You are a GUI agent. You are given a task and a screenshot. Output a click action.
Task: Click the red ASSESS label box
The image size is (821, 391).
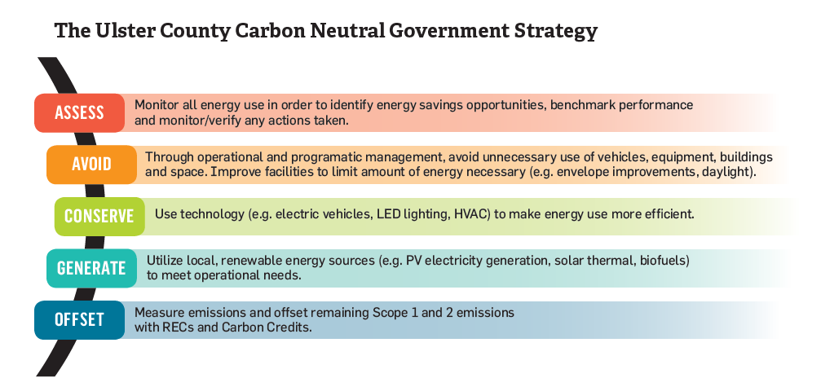tap(80, 112)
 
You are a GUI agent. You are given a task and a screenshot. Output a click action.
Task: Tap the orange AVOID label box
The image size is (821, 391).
tap(91, 165)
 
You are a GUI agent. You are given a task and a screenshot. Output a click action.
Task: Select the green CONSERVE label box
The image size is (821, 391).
tap(99, 216)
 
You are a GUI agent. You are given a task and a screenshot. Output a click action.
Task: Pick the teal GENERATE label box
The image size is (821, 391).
tap(91, 268)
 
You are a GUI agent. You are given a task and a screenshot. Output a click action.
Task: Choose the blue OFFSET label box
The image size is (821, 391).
tap(80, 320)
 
